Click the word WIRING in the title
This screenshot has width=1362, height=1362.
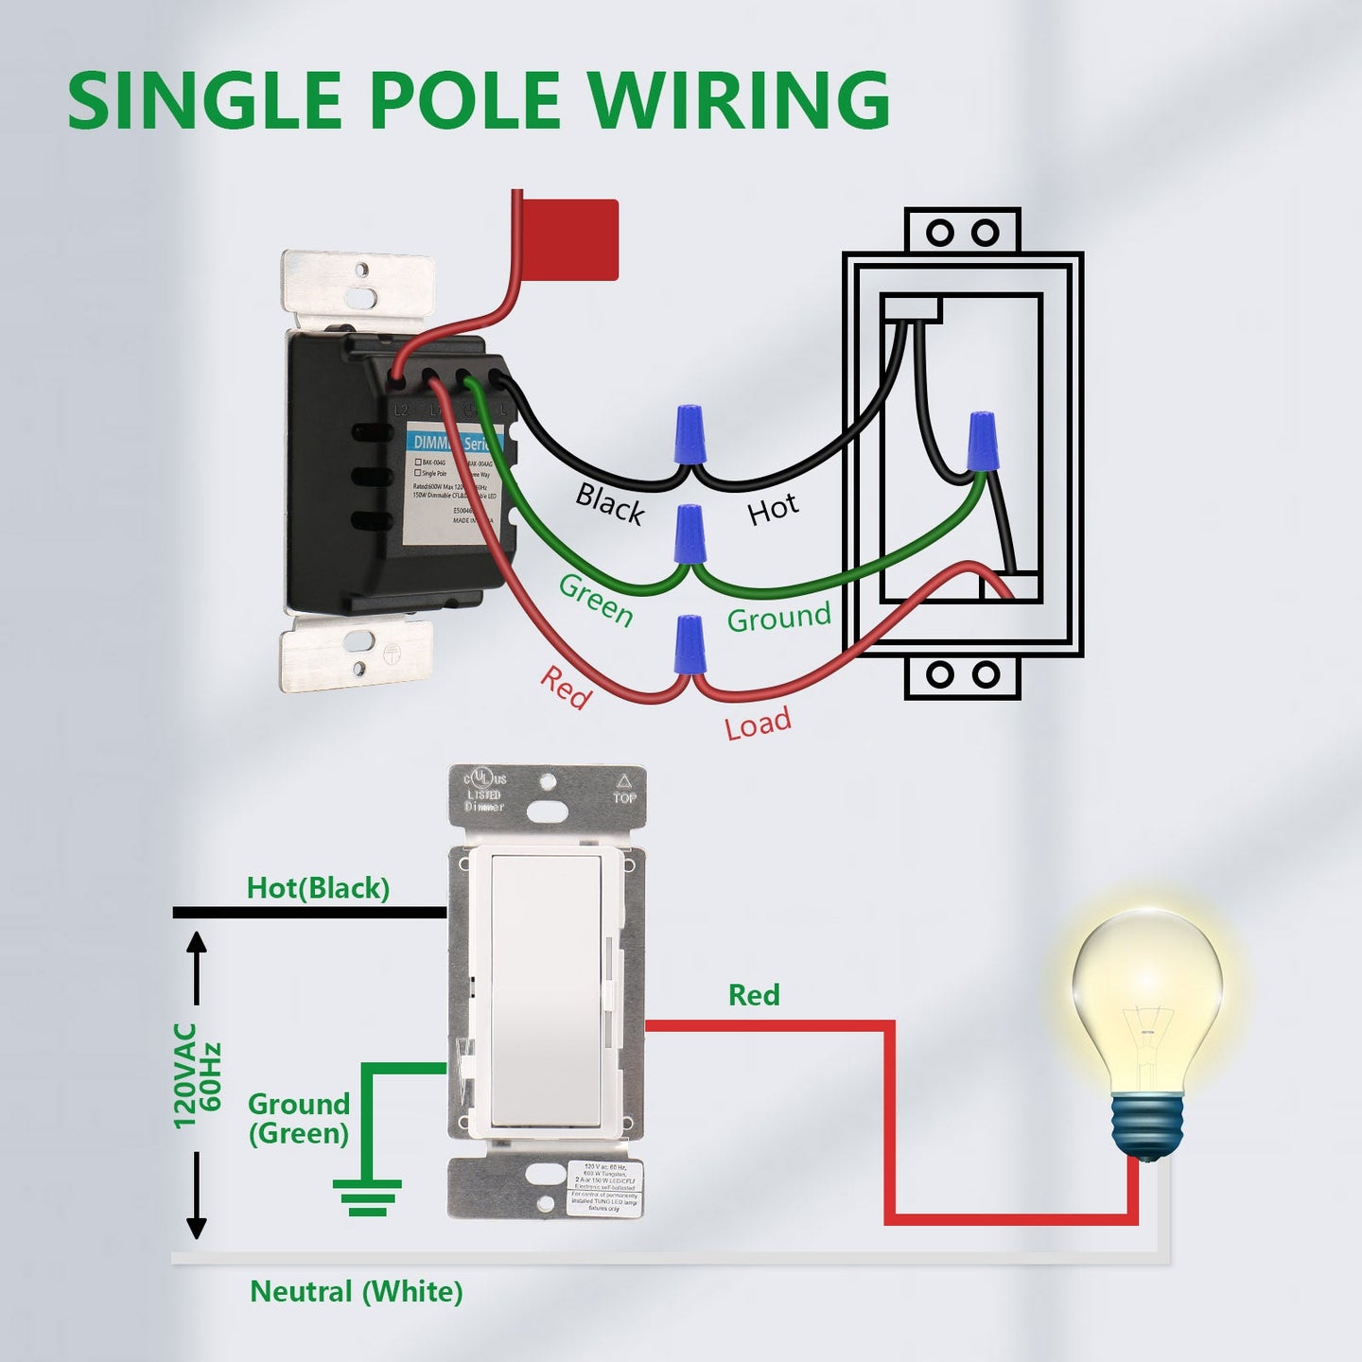(x=738, y=99)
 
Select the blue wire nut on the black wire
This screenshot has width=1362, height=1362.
(x=690, y=434)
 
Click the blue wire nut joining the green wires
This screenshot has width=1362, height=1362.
(x=689, y=534)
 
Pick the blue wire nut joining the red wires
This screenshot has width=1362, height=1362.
(x=690, y=644)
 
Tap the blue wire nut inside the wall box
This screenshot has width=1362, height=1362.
(x=982, y=441)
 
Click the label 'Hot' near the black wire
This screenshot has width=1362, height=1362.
(x=773, y=509)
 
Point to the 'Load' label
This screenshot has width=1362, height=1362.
(x=758, y=724)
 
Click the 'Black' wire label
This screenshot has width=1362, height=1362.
(x=610, y=503)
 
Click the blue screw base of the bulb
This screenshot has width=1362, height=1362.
(x=1147, y=1126)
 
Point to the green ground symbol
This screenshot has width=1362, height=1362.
(x=367, y=1196)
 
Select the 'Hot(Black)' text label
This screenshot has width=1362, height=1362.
(x=318, y=888)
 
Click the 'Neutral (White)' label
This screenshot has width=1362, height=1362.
(x=356, y=1291)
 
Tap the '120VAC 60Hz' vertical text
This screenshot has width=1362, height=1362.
(x=198, y=1075)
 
